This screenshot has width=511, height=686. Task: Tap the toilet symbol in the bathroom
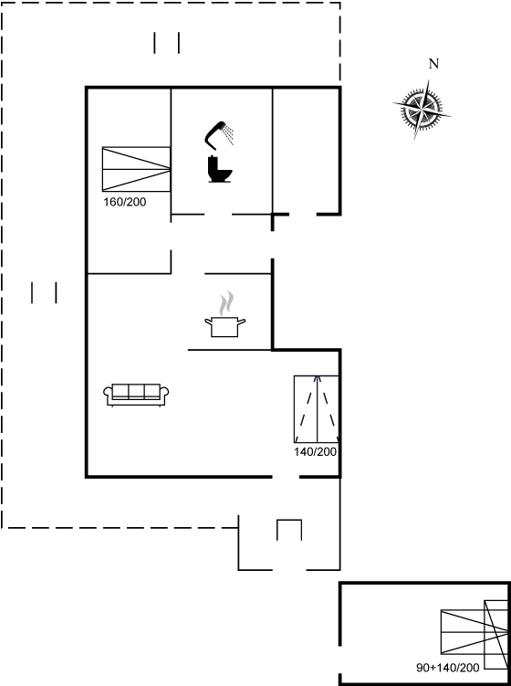(x=219, y=169)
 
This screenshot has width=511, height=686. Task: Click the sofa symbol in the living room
(x=136, y=395)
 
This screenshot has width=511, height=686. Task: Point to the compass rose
(x=422, y=109)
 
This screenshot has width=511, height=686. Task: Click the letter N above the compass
(x=433, y=64)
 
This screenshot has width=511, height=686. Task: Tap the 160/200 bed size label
(x=125, y=202)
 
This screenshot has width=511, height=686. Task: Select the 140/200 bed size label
(x=316, y=452)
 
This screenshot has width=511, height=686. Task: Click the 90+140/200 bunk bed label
(x=448, y=668)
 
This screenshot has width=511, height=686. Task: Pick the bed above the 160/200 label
(x=136, y=169)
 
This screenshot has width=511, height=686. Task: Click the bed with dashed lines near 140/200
(x=317, y=409)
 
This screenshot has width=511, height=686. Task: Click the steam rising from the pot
(x=226, y=302)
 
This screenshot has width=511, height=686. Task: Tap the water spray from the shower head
(x=228, y=134)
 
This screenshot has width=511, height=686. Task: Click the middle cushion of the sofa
(x=136, y=391)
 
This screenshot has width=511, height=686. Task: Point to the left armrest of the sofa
(x=108, y=394)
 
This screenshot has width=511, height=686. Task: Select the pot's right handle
(x=241, y=322)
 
